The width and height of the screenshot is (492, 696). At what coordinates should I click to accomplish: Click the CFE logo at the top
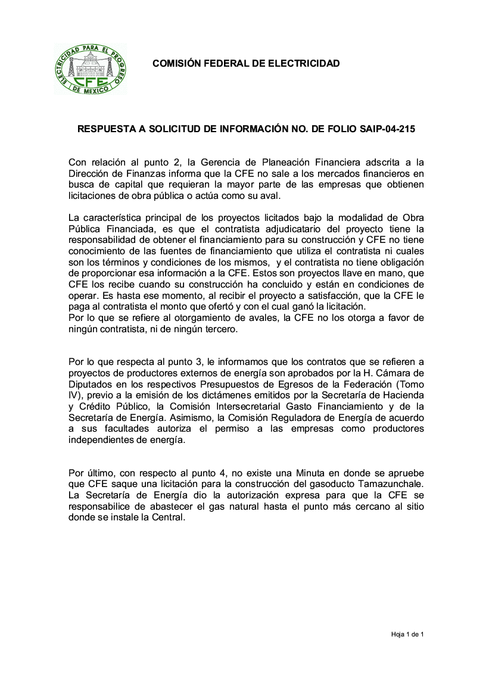click(x=91, y=69)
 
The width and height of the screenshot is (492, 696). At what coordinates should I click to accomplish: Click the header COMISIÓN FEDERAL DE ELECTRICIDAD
click(x=246, y=63)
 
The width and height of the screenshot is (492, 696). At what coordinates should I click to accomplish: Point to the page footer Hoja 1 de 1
click(x=407, y=635)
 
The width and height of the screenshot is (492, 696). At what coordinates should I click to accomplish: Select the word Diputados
click(x=91, y=385)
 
